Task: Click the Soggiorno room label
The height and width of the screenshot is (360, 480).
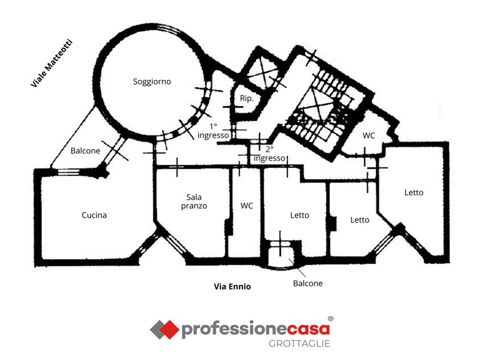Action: tap(152, 82)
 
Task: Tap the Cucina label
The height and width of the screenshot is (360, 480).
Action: tap(94, 215)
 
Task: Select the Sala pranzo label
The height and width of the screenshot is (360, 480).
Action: tap(194, 202)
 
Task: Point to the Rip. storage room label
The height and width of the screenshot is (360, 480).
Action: tap(247, 98)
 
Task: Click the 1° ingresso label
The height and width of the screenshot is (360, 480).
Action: tap(213, 131)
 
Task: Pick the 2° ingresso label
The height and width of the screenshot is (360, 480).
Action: tap(269, 154)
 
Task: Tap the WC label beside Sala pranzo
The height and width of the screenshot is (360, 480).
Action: tap(247, 206)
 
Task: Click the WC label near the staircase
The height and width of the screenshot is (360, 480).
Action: tap(368, 136)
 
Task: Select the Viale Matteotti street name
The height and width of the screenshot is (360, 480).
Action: tap(52, 63)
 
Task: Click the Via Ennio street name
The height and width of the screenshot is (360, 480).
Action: tap(232, 287)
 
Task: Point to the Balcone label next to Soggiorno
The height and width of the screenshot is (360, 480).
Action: tap(85, 151)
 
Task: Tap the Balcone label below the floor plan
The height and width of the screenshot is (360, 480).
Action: tap(308, 283)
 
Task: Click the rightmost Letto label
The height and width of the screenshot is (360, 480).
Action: tap(414, 193)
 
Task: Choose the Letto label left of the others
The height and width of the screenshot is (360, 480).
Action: tap(299, 215)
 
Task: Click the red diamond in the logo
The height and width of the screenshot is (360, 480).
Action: tap(169, 329)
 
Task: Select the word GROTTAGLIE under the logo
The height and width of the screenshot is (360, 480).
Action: tap(299, 344)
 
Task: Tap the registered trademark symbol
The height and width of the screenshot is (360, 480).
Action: tap(331, 319)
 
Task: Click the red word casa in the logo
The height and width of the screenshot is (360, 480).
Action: tap(308, 329)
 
